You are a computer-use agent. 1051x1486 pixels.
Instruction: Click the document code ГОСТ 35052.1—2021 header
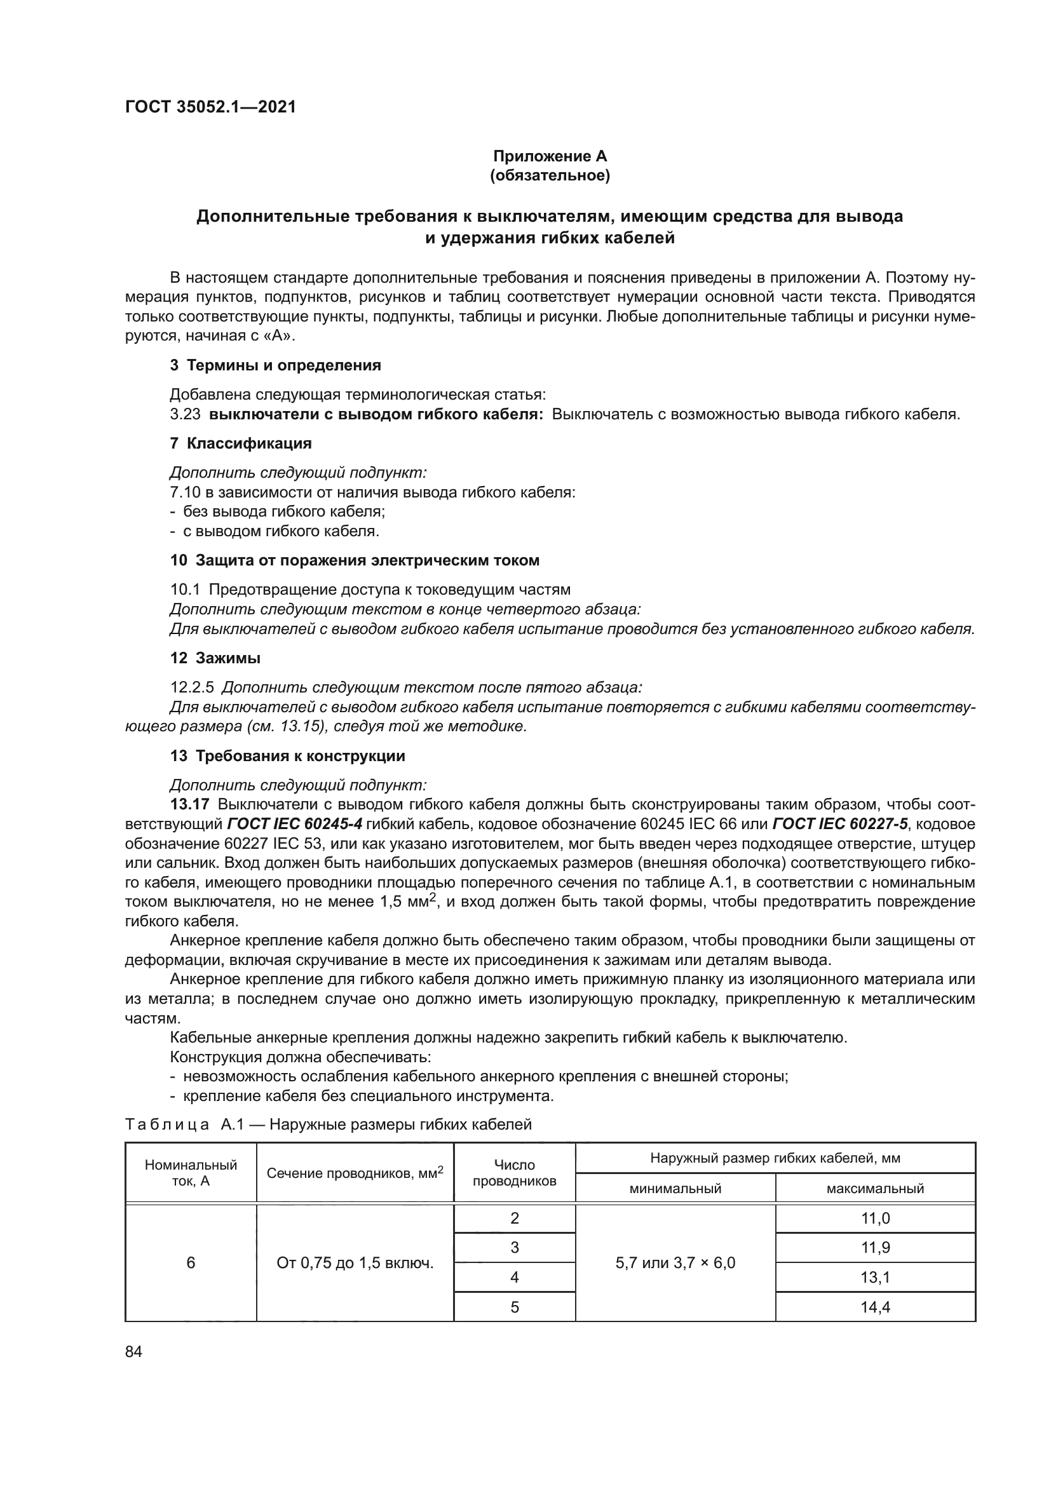click(210, 107)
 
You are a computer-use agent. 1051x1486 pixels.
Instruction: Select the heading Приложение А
click(550, 156)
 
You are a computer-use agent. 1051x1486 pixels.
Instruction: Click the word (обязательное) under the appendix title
click(550, 175)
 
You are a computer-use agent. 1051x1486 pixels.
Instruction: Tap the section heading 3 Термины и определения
click(275, 365)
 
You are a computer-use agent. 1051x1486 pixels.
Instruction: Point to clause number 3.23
click(185, 414)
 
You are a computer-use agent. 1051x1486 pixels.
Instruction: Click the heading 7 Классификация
click(241, 443)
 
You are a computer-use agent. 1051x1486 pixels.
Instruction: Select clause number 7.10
click(184, 492)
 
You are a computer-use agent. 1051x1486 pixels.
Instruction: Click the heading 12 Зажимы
click(215, 658)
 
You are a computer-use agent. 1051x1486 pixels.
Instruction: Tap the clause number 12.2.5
click(191, 687)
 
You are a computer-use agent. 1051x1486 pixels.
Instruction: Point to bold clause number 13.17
click(189, 804)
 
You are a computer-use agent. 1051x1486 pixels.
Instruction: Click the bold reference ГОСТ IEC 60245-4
click(295, 824)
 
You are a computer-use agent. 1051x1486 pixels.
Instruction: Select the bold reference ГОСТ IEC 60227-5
click(840, 824)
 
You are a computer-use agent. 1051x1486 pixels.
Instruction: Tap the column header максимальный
click(875, 1188)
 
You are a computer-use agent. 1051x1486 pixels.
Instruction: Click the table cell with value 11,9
click(875, 1247)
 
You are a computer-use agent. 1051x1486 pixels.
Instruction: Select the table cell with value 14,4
click(875, 1307)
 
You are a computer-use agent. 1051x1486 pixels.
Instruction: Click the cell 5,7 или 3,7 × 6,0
click(675, 1263)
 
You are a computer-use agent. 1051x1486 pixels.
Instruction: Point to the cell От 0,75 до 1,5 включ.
click(355, 1263)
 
